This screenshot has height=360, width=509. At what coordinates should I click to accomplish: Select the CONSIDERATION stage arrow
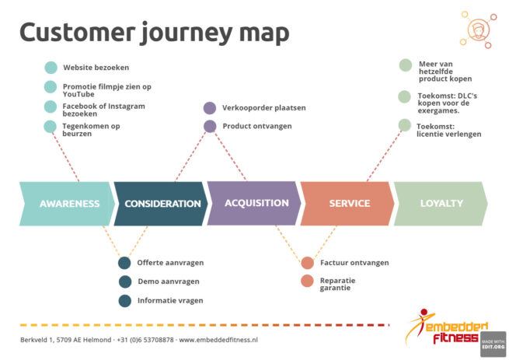162,204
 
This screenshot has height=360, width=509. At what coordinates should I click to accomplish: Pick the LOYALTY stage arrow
441,204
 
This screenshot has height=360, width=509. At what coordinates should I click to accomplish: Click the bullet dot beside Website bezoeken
51,68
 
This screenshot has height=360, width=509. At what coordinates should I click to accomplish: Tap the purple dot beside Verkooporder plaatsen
209,108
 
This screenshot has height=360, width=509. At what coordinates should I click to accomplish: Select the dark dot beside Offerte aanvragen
124,263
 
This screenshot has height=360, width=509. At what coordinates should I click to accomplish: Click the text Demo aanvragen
169,281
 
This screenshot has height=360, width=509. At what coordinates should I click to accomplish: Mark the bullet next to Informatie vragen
124,301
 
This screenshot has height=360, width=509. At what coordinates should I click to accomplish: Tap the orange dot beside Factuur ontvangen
307,263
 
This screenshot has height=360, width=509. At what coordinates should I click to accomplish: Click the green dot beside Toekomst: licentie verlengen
404,125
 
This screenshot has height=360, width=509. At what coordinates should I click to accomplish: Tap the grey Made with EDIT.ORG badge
493,344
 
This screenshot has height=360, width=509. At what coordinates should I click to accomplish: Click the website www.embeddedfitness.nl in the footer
218,340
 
